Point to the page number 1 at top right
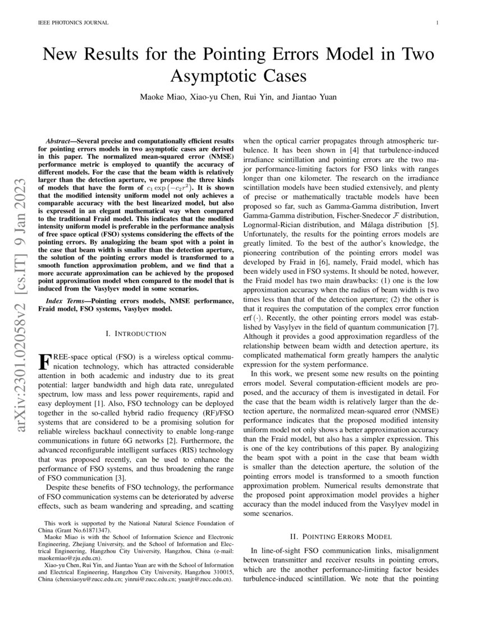pos(437,23)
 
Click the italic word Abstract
pos(60,139)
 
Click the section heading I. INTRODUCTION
pos(136,334)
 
